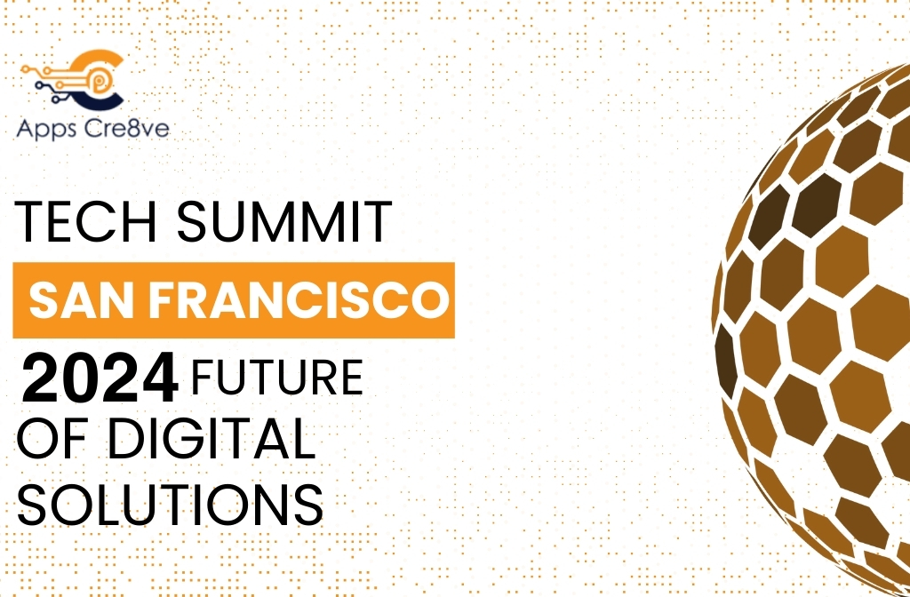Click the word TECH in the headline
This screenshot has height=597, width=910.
[x=89, y=223]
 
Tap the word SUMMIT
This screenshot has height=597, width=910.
[x=284, y=223]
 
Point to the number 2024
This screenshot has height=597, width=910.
[x=99, y=377]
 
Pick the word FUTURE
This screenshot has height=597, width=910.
[x=277, y=377]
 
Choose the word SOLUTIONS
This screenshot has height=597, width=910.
[x=170, y=504]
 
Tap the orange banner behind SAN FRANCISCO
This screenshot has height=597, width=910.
[x=233, y=300]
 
